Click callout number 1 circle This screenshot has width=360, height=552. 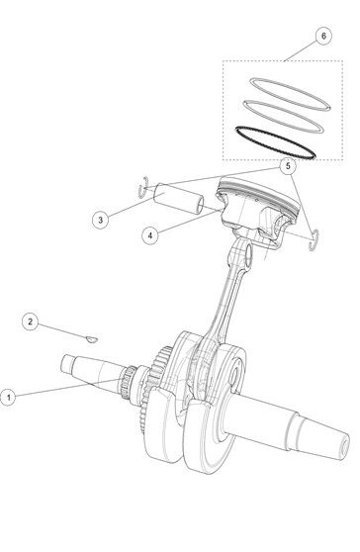coord(8,398)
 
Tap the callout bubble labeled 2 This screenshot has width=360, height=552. coord(30,322)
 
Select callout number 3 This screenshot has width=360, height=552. coord(100,220)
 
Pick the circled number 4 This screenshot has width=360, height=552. coord(150,235)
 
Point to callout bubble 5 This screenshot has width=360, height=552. coord(288,166)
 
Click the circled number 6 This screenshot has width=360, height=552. coord(323,36)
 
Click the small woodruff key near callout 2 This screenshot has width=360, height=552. coord(92,339)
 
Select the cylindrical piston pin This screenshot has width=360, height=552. coord(178,198)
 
